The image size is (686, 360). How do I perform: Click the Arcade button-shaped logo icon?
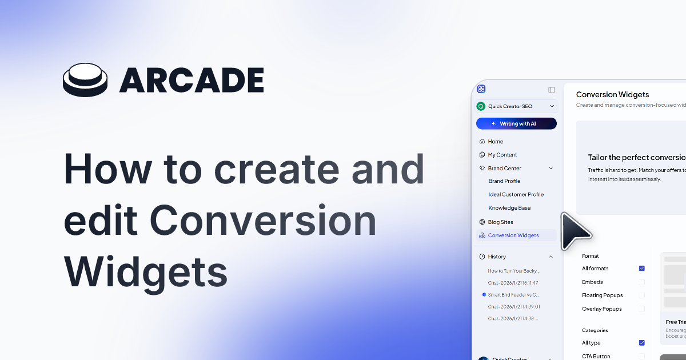(85, 81)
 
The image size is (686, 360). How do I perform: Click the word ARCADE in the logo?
(192, 81)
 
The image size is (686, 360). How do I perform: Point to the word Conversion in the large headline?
(265, 220)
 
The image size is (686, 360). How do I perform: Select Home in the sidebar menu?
(495, 141)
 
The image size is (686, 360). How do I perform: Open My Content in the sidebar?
(502, 155)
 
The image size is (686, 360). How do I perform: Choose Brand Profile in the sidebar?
(504, 181)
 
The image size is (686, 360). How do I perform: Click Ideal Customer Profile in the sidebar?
(516, 194)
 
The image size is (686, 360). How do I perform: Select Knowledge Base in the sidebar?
(509, 208)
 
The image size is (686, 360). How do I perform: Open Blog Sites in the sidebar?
(500, 222)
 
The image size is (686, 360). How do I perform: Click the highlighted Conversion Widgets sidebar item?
(513, 235)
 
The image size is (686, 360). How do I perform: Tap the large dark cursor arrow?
(574, 230)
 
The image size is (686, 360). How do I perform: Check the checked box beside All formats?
(641, 269)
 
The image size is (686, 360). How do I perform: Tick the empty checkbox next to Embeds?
(641, 282)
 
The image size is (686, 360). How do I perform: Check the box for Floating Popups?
(641, 295)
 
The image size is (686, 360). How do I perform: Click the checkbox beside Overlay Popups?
(641, 309)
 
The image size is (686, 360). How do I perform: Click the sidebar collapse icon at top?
(551, 90)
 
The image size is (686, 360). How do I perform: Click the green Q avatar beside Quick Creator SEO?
(481, 106)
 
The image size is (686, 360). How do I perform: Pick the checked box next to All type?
(641, 343)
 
